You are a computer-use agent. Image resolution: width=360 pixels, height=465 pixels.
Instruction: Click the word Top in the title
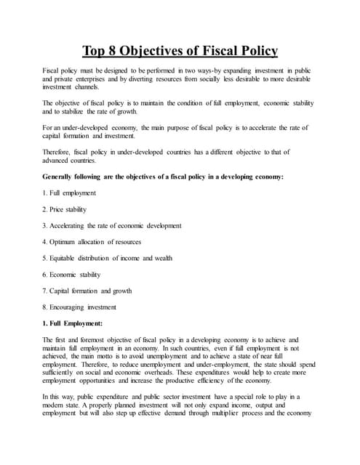[97, 51]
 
